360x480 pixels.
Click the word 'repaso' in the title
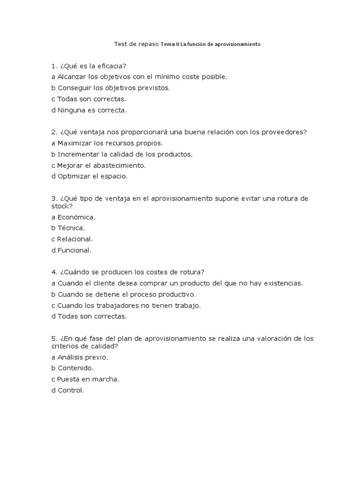coord(148,44)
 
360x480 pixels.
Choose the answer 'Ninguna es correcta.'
coord(89,111)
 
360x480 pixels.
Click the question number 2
coord(54,132)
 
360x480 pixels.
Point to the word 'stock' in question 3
coord(61,206)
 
